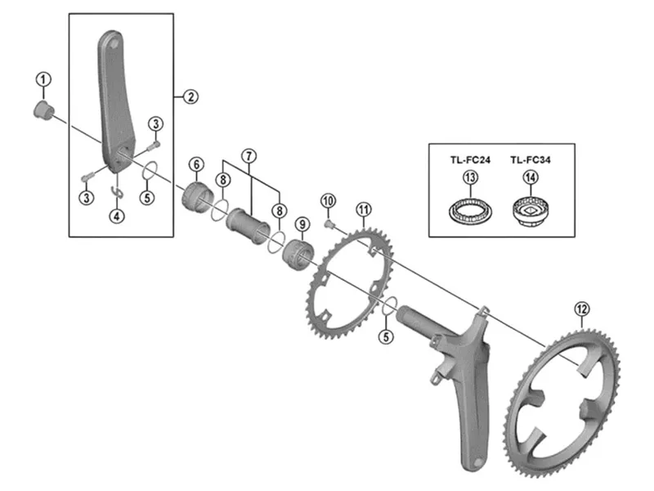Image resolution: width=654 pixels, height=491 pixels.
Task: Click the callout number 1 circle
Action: (43, 79)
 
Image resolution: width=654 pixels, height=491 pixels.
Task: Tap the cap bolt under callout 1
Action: (43, 110)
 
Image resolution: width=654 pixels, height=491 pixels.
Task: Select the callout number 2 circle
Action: (190, 97)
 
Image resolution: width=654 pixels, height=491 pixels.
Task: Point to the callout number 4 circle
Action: (117, 216)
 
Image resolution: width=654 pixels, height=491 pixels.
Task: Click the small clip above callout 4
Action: (118, 191)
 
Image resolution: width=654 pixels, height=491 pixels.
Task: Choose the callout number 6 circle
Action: (196, 164)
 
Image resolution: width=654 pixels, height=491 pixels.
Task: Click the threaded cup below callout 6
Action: (198, 197)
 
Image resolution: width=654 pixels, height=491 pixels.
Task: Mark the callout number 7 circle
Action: (249, 156)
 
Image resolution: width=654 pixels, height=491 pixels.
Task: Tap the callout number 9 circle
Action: (302, 224)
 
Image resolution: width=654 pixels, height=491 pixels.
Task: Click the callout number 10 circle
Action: (329, 200)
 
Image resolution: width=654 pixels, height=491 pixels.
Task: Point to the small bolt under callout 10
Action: (329, 225)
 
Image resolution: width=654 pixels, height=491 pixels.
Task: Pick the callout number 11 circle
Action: (364, 209)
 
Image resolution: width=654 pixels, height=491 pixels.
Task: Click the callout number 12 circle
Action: (581, 309)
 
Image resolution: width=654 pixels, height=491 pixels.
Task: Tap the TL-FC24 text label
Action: (470, 160)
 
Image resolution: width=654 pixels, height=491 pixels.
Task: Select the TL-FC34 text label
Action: (530, 160)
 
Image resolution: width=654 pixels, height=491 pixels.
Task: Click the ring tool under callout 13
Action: (471, 212)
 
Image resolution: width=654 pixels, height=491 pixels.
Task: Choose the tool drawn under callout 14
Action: (531, 212)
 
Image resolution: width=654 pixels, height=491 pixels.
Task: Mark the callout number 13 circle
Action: (471, 178)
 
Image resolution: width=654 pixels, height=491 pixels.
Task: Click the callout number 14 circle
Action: (531, 178)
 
